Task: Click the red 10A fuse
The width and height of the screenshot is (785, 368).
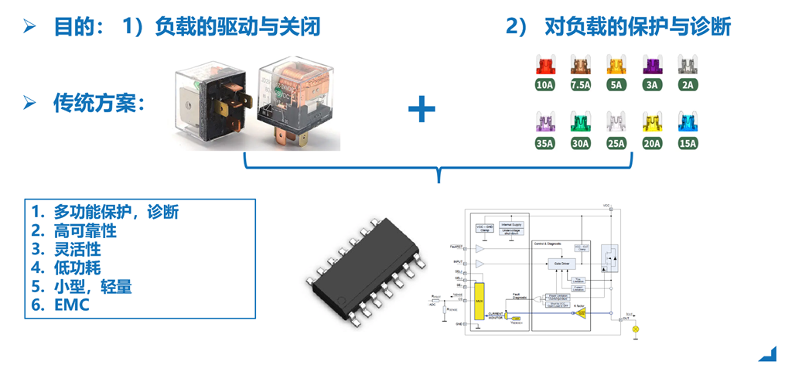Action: click(x=544, y=64)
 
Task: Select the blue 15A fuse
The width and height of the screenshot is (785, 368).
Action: click(x=687, y=122)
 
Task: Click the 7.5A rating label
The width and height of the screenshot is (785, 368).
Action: click(x=580, y=84)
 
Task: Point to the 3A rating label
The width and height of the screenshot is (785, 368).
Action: click(x=652, y=84)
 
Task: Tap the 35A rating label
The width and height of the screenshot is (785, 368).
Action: click(x=544, y=143)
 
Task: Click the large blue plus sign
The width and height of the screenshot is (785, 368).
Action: click(x=422, y=109)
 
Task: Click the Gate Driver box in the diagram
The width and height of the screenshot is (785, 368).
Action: click(x=561, y=264)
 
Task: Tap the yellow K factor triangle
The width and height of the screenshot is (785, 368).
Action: click(x=582, y=313)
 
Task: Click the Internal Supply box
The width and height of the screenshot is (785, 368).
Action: click(x=512, y=223)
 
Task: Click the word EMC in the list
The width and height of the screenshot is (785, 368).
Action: click(x=71, y=305)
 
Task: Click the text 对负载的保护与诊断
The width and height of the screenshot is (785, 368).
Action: click(x=637, y=27)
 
